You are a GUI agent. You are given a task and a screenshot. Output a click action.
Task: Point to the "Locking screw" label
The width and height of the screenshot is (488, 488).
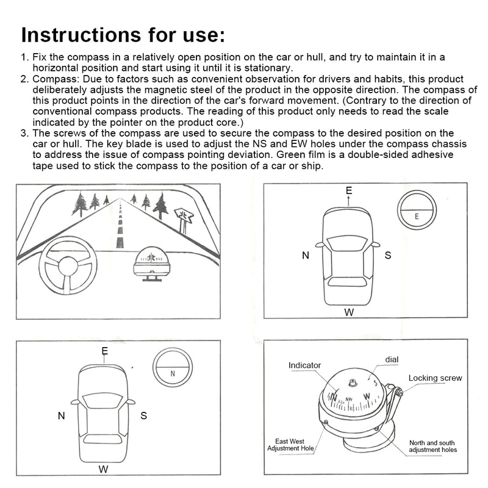(435, 378)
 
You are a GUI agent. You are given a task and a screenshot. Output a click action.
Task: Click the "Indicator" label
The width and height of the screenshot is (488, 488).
(304, 365)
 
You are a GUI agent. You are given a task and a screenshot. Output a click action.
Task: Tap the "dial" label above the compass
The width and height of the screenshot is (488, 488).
(392, 360)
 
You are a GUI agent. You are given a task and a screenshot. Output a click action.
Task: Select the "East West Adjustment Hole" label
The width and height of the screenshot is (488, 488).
(290, 444)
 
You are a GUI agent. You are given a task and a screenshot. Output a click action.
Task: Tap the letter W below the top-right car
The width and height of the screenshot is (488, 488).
(349, 312)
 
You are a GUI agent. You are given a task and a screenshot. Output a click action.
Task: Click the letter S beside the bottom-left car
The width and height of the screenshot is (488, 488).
(143, 416)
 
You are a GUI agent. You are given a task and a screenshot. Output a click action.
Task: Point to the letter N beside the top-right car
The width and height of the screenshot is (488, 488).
(306, 256)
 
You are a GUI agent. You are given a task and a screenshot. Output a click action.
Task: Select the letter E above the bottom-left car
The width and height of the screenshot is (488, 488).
(105, 351)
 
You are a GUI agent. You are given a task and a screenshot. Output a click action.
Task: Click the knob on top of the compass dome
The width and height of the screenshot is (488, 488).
(353, 383)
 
